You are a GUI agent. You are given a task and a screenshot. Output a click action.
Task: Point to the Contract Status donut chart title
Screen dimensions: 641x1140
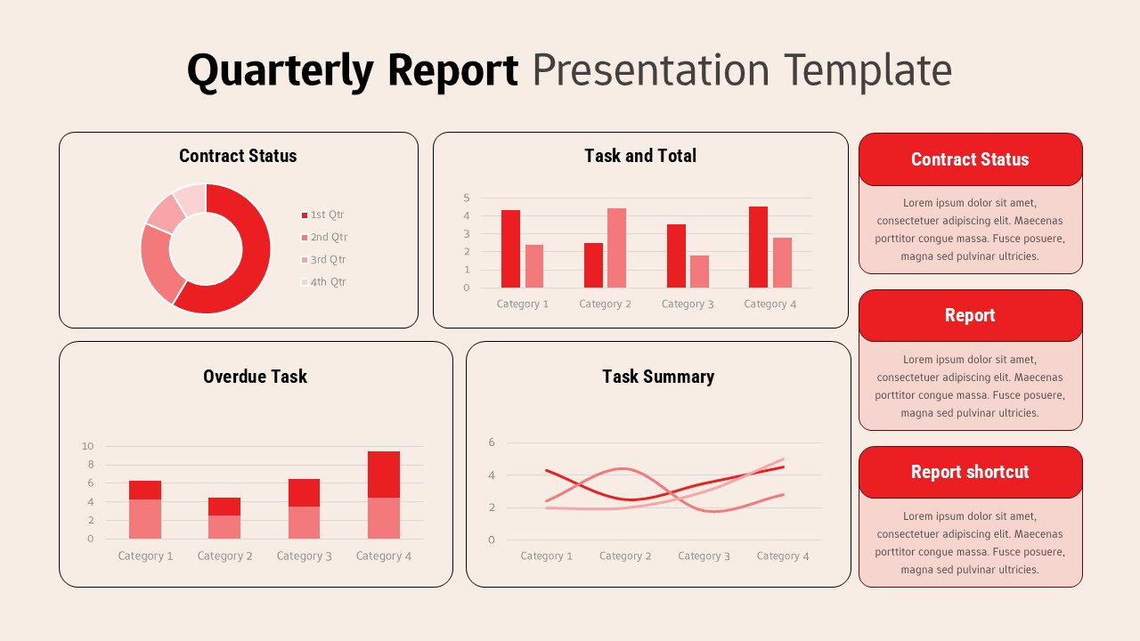238,156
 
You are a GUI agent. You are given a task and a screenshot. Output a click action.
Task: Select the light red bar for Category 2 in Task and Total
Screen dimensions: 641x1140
616,248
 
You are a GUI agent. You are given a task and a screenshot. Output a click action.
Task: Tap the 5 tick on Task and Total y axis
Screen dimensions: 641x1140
466,198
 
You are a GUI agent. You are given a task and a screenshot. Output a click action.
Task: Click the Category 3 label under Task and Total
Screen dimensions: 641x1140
688,304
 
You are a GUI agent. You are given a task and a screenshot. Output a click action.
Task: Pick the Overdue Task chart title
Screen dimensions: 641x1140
255,377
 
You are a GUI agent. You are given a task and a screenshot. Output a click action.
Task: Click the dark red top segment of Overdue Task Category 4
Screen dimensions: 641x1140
384,474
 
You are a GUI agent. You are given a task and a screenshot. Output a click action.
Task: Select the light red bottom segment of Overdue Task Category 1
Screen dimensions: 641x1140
145,519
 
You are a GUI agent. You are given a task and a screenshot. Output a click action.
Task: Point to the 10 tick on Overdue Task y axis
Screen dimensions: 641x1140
87,446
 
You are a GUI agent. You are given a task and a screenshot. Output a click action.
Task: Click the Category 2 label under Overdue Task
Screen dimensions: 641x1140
224,556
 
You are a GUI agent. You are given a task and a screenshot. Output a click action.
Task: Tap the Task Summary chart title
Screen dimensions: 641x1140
658,377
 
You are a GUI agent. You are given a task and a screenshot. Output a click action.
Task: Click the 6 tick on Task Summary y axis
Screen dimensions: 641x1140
491,442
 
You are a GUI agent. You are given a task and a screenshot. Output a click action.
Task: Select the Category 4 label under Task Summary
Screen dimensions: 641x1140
783,556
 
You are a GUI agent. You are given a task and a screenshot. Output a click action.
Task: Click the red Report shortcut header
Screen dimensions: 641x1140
970,472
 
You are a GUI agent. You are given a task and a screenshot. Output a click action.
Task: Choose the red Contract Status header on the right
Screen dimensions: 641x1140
970,159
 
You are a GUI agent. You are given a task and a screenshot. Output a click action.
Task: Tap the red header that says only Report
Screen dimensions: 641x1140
970,315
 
